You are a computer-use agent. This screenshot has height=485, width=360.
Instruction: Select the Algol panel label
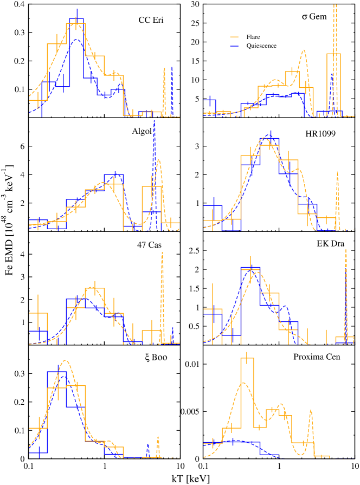point(141,131)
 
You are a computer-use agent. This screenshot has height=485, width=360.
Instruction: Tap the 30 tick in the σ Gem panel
point(194,5)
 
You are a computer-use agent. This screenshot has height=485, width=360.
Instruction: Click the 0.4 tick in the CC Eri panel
point(18,5)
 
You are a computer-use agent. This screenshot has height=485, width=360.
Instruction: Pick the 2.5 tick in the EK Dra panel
point(194,251)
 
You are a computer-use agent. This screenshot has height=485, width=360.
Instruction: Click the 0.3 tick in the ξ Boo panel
point(18,374)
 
